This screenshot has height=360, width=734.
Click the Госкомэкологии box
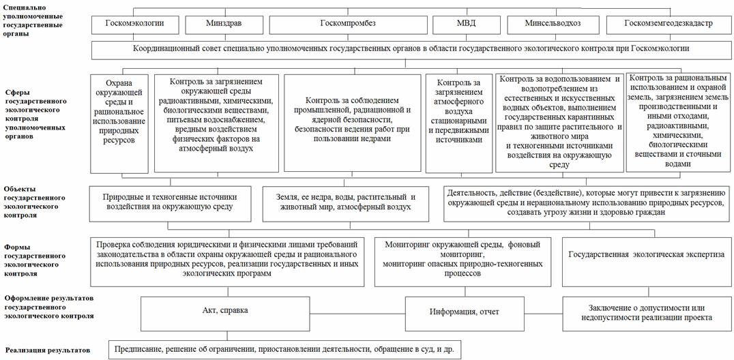coord(134,23)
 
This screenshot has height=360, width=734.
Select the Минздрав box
coord(223,23)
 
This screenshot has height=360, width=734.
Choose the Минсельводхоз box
coord(553,23)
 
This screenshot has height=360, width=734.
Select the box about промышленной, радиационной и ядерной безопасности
coord(352,123)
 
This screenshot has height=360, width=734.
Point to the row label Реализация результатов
coord(48,350)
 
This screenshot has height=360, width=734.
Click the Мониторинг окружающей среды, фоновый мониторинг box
coord(466,258)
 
